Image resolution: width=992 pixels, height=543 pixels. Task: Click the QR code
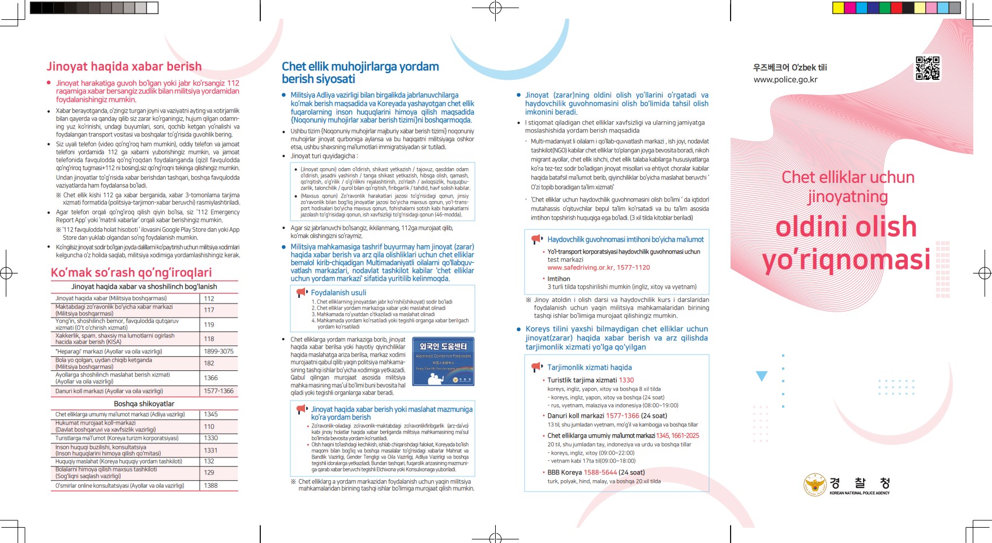pos(927,69)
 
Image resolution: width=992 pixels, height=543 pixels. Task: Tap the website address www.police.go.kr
pos(785,80)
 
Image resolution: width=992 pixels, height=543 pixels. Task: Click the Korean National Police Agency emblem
pos(815,485)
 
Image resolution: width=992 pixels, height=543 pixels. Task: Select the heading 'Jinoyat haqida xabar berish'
pos(124,67)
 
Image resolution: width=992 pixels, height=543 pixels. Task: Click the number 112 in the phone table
pos(209,298)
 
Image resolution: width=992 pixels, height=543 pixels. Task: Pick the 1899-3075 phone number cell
pos(218,351)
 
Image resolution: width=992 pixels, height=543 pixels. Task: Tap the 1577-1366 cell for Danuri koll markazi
pos(218,391)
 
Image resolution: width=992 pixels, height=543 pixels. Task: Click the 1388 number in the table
pos(211,485)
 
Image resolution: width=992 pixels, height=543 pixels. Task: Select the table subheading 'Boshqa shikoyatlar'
pos(144,404)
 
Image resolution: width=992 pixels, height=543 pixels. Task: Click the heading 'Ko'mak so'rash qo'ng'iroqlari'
pos(131,272)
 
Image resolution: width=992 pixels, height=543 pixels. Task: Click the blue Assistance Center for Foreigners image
pos(443,362)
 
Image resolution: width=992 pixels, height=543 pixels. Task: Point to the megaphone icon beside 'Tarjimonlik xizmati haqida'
pos(537,367)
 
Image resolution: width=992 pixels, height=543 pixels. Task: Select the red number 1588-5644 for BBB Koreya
pos(600,472)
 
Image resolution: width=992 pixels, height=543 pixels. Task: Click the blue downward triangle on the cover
pos(762,376)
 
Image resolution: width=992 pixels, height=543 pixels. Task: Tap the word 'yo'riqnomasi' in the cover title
pos(846,259)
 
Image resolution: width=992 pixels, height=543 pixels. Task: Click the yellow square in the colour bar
pos(838,8)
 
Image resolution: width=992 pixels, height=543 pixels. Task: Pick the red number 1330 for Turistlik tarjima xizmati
pos(626,380)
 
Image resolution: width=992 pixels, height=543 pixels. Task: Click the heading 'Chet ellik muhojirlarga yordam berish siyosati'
pos(360,73)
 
